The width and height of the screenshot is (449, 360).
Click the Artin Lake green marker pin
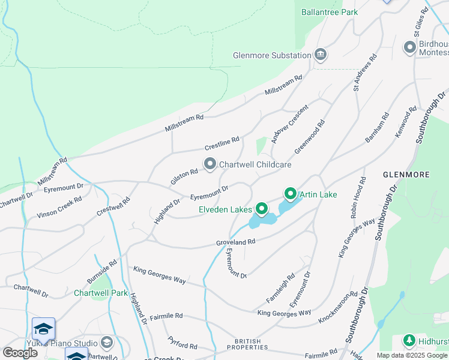tap(291, 194)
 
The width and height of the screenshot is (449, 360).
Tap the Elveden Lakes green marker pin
tap(262, 209)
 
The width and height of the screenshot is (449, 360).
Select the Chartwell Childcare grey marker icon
tap(210, 164)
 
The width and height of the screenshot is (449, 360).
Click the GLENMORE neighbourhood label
tap(406, 175)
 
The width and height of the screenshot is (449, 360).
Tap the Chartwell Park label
tap(101, 293)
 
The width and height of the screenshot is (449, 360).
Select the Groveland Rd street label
tap(236, 242)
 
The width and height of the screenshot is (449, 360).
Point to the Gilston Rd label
tap(184, 176)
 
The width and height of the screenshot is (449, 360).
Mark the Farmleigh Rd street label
tap(280, 288)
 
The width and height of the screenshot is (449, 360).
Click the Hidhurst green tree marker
tap(409, 341)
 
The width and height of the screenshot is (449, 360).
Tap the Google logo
tap(20, 353)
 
